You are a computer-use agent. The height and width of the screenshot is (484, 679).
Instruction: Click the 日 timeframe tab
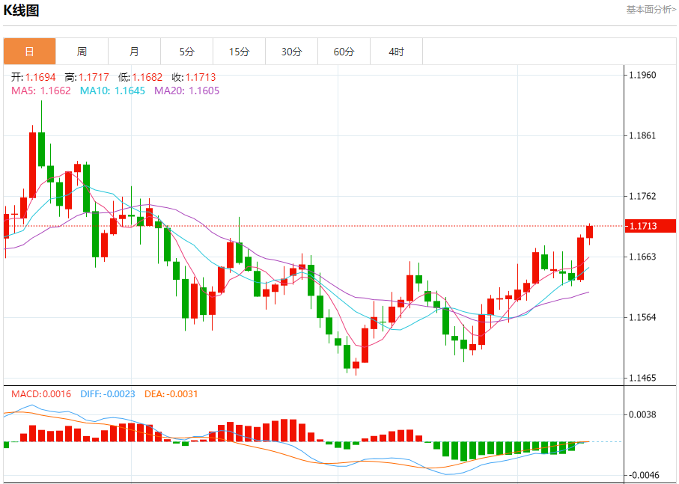click(29, 52)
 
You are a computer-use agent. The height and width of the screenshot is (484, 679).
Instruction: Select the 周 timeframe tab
click(82, 52)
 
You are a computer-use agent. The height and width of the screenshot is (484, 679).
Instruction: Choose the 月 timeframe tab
click(134, 52)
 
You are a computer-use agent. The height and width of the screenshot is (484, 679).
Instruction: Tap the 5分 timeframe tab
click(186, 52)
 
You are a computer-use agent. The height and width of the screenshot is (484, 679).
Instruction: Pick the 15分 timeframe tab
click(239, 52)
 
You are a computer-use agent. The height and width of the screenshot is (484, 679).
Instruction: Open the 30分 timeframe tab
click(291, 52)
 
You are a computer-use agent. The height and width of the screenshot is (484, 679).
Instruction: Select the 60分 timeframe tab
click(344, 52)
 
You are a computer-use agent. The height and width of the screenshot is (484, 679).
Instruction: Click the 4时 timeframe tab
click(396, 52)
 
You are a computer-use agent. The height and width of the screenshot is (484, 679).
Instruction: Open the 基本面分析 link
click(651, 10)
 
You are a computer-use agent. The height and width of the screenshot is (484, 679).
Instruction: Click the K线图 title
click(22, 10)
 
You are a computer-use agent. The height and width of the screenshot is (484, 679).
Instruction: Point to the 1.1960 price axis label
click(642, 75)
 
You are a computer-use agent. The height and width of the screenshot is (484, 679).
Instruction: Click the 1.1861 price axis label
click(642, 135)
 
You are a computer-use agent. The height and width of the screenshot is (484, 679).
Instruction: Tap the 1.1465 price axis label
click(642, 378)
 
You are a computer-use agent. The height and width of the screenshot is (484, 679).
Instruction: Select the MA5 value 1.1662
click(55, 91)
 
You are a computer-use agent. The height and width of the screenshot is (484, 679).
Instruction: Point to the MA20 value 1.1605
click(204, 91)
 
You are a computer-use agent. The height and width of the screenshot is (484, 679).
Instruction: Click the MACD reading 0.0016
click(57, 393)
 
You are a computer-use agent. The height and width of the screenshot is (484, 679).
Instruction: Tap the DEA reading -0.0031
click(182, 393)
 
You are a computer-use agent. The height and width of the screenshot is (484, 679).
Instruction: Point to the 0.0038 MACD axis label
click(642, 414)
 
